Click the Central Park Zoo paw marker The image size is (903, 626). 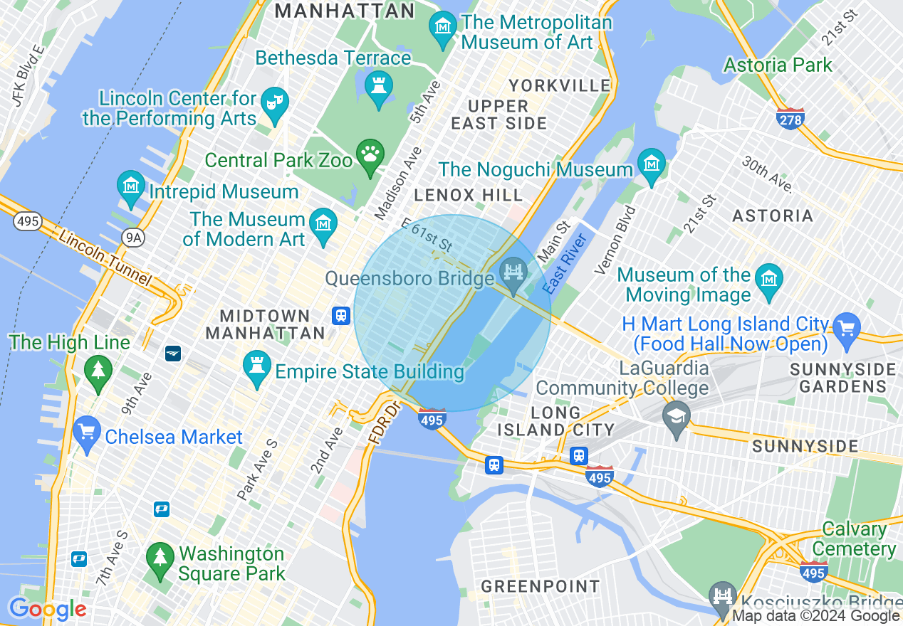tap(370, 154)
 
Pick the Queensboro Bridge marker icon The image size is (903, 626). tap(511, 272)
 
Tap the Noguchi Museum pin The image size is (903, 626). tap(651, 164)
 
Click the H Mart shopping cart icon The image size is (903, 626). tap(847, 329)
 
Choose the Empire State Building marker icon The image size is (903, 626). tap(257, 367)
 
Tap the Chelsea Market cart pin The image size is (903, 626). tap(87, 433)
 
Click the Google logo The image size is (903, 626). tap(47, 610)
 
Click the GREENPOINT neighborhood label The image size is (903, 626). tap(540, 586)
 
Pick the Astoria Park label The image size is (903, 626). tap(778, 65)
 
